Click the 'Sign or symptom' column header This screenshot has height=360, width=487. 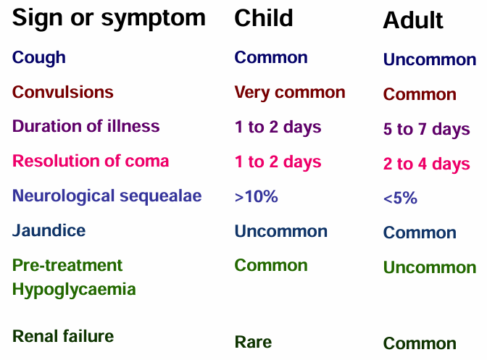coord(109,19)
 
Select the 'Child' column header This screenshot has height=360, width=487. coord(263,18)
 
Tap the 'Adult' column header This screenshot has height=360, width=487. coord(413,20)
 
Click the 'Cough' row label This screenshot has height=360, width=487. coord(39,58)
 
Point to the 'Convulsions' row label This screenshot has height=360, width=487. coord(63,92)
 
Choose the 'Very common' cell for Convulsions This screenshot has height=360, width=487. coord(290,93)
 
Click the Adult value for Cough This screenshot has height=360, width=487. coord(430,59)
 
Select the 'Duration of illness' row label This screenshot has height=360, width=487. coord(86,126)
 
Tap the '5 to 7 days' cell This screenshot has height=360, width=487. coord(426,129)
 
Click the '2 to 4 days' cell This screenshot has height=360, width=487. coord(426,164)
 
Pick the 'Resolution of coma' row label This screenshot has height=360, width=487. coord(91,161)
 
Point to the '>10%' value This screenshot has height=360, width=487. coord(257,196)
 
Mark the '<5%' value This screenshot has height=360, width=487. coord(400,198)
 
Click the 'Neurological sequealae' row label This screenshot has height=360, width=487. coord(107,196)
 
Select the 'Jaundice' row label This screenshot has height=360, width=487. coord(49,230)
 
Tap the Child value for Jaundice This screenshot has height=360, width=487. coord(280,231)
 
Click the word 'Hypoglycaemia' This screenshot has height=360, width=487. coord(74,290)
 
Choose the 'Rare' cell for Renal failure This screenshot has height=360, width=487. coord(253,342)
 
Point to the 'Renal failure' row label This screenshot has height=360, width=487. coord(63,336)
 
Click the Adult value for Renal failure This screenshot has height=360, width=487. coord(420,343)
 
